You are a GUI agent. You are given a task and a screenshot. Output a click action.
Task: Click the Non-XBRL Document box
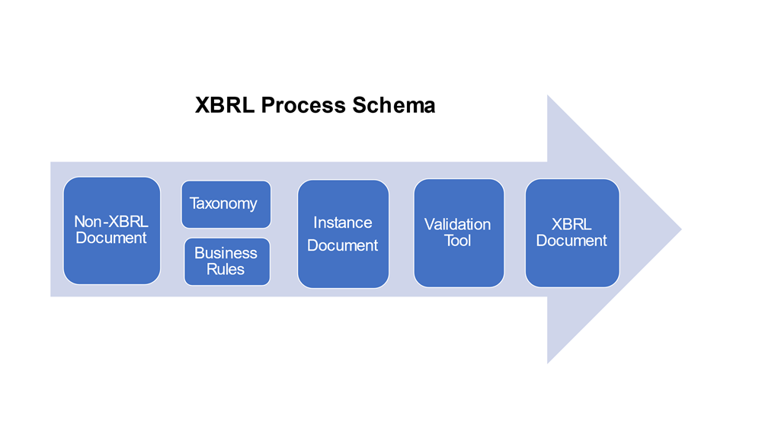click(111, 230)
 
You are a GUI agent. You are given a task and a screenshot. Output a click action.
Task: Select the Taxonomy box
click(226, 204)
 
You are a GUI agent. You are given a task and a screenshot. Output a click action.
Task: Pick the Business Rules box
click(226, 261)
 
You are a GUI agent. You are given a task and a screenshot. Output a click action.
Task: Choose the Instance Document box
click(343, 234)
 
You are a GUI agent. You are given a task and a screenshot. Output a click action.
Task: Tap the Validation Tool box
click(459, 233)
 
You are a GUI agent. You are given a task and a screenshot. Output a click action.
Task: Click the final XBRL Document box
click(571, 233)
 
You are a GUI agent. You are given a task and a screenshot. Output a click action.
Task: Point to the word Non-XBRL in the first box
click(111, 222)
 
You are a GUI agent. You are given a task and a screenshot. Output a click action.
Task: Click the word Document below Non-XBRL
click(111, 239)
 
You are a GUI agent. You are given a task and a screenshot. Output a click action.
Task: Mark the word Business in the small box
click(226, 253)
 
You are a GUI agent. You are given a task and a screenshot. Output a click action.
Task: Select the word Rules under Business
click(226, 269)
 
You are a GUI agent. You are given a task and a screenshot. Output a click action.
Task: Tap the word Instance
click(343, 223)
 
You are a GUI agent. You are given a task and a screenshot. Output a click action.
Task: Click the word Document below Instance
click(343, 245)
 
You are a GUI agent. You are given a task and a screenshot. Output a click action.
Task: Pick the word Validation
click(458, 225)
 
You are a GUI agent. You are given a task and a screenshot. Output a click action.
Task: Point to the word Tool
click(458, 241)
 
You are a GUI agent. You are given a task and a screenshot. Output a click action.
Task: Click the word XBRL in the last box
click(571, 225)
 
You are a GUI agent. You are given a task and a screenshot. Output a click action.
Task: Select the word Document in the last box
click(571, 241)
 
